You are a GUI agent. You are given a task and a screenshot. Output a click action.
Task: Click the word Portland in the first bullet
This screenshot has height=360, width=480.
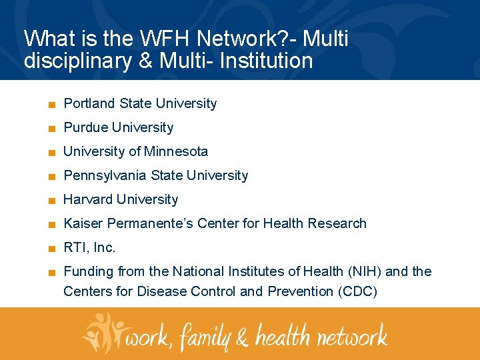click(x=89, y=103)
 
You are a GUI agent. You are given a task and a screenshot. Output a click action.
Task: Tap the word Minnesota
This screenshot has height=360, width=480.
click(x=176, y=151)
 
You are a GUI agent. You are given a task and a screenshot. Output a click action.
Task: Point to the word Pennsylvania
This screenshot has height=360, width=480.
click(x=105, y=175)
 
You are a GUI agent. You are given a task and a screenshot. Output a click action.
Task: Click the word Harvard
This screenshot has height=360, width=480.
click(x=87, y=199)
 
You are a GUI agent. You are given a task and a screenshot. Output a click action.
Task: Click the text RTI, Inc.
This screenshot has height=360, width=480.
click(x=89, y=247)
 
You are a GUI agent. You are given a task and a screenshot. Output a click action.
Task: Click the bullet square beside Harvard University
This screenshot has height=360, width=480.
click(x=51, y=200)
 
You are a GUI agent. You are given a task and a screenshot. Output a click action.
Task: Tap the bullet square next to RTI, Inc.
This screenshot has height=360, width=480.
click(x=51, y=248)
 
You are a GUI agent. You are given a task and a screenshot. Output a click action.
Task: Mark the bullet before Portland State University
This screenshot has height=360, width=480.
click(x=51, y=104)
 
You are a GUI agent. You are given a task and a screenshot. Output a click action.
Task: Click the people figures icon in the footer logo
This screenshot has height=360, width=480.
click(x=103, y=331)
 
